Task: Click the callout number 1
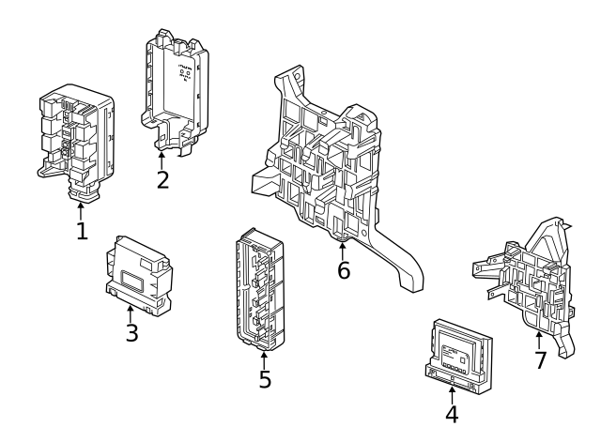click(x=82, y=230)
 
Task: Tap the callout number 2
click(x=162, y=178)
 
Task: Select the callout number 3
click(x=131, y=332)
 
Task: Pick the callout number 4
click(x=452, y=414)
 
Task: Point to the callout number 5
click(x=265, y=380)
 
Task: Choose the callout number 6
click(x=344, y=271)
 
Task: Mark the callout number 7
click(x=540, y=360)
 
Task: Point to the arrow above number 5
click(x=265, y=358)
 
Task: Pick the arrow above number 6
click(x=343, y=249)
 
